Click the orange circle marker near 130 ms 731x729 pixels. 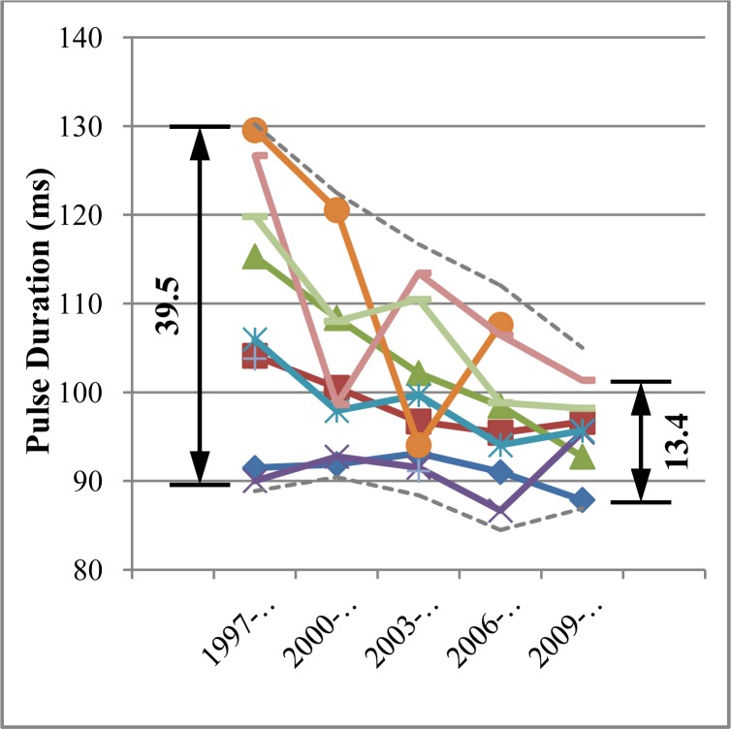point(255,129)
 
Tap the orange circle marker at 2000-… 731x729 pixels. point(336,210)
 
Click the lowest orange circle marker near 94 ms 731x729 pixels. point(419,445)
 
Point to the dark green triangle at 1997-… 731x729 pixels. point(255,257)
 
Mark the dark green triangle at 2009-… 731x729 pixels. point(582,457)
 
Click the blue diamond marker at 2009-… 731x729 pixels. point(582,500)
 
